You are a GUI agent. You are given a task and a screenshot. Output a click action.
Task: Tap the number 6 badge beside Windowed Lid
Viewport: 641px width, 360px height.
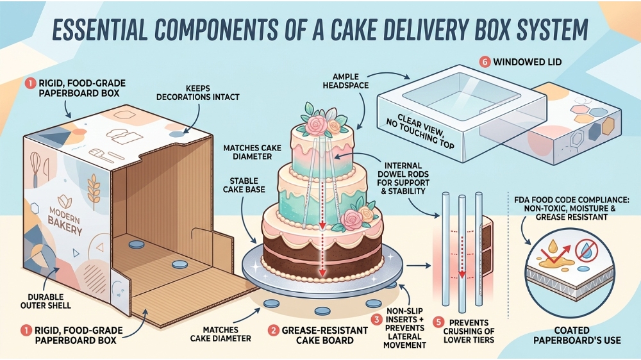click(485, 62)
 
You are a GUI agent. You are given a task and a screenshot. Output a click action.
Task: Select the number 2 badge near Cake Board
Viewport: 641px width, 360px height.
click(274, 330)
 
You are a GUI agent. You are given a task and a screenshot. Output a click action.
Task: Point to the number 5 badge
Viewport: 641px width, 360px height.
click(438, 322)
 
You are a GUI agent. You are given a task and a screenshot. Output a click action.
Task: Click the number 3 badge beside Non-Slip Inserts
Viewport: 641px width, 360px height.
click(376, 319)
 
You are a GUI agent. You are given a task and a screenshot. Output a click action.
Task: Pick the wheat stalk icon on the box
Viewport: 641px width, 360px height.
click(94, 191)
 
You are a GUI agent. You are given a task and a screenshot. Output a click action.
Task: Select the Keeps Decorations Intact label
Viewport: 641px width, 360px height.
click(198, 93)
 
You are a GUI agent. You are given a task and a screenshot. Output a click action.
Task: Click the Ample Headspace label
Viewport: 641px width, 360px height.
click(345, 81)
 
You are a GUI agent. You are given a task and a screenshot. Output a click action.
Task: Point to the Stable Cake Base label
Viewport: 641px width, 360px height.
click(244, 185)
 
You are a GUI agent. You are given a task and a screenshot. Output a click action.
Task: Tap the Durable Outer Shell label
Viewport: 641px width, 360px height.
click(46, 301)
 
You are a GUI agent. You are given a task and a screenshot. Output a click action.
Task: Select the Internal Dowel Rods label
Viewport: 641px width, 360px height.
click(403, 178)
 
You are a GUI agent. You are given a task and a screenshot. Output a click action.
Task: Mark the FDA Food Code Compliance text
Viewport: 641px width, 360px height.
click(572, 208)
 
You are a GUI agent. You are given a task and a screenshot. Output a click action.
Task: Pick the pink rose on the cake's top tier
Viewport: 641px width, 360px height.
click(316, 125)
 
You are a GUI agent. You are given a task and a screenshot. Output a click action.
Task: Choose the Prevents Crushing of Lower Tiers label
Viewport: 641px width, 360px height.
click(469, 331)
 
